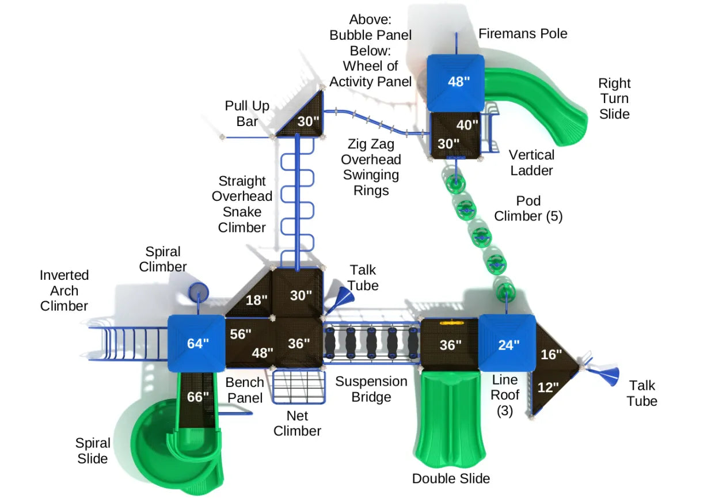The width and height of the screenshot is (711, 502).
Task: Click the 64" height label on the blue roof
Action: pos(197,344)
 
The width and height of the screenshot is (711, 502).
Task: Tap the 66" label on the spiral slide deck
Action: pos(197,397)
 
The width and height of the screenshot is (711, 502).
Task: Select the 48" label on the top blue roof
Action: pos(459,81)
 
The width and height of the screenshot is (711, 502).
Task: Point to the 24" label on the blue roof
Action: pos(508,345)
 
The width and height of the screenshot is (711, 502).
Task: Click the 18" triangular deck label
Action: pos(257,300)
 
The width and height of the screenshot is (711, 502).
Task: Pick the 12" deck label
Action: pos(548,387)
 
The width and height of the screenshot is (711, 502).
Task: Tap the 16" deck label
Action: pos(551,355)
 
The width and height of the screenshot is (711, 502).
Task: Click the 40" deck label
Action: pos(467,125)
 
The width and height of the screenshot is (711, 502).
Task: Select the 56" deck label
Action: pos(241,334)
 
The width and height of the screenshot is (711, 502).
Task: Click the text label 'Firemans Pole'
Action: pos(523,33)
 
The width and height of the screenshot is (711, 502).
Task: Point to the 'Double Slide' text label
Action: pos(451,478)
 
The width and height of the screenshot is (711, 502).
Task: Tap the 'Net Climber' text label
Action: pos(297,423)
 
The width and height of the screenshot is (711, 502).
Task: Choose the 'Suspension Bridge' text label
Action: pos(371,389)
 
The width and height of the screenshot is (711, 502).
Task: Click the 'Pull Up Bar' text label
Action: pos(247,113)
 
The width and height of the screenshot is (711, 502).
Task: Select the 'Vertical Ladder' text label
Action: pos(531,162)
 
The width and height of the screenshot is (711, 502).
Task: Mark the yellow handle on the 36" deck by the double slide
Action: pos(451,323)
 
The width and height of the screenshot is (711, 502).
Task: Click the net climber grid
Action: pos(298,387)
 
